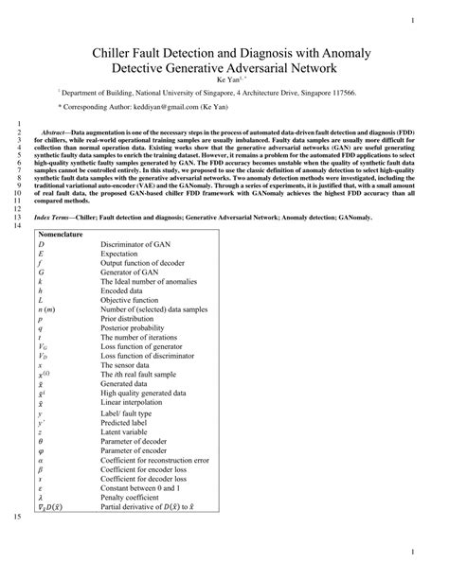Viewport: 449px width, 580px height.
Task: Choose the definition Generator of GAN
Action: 135,275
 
